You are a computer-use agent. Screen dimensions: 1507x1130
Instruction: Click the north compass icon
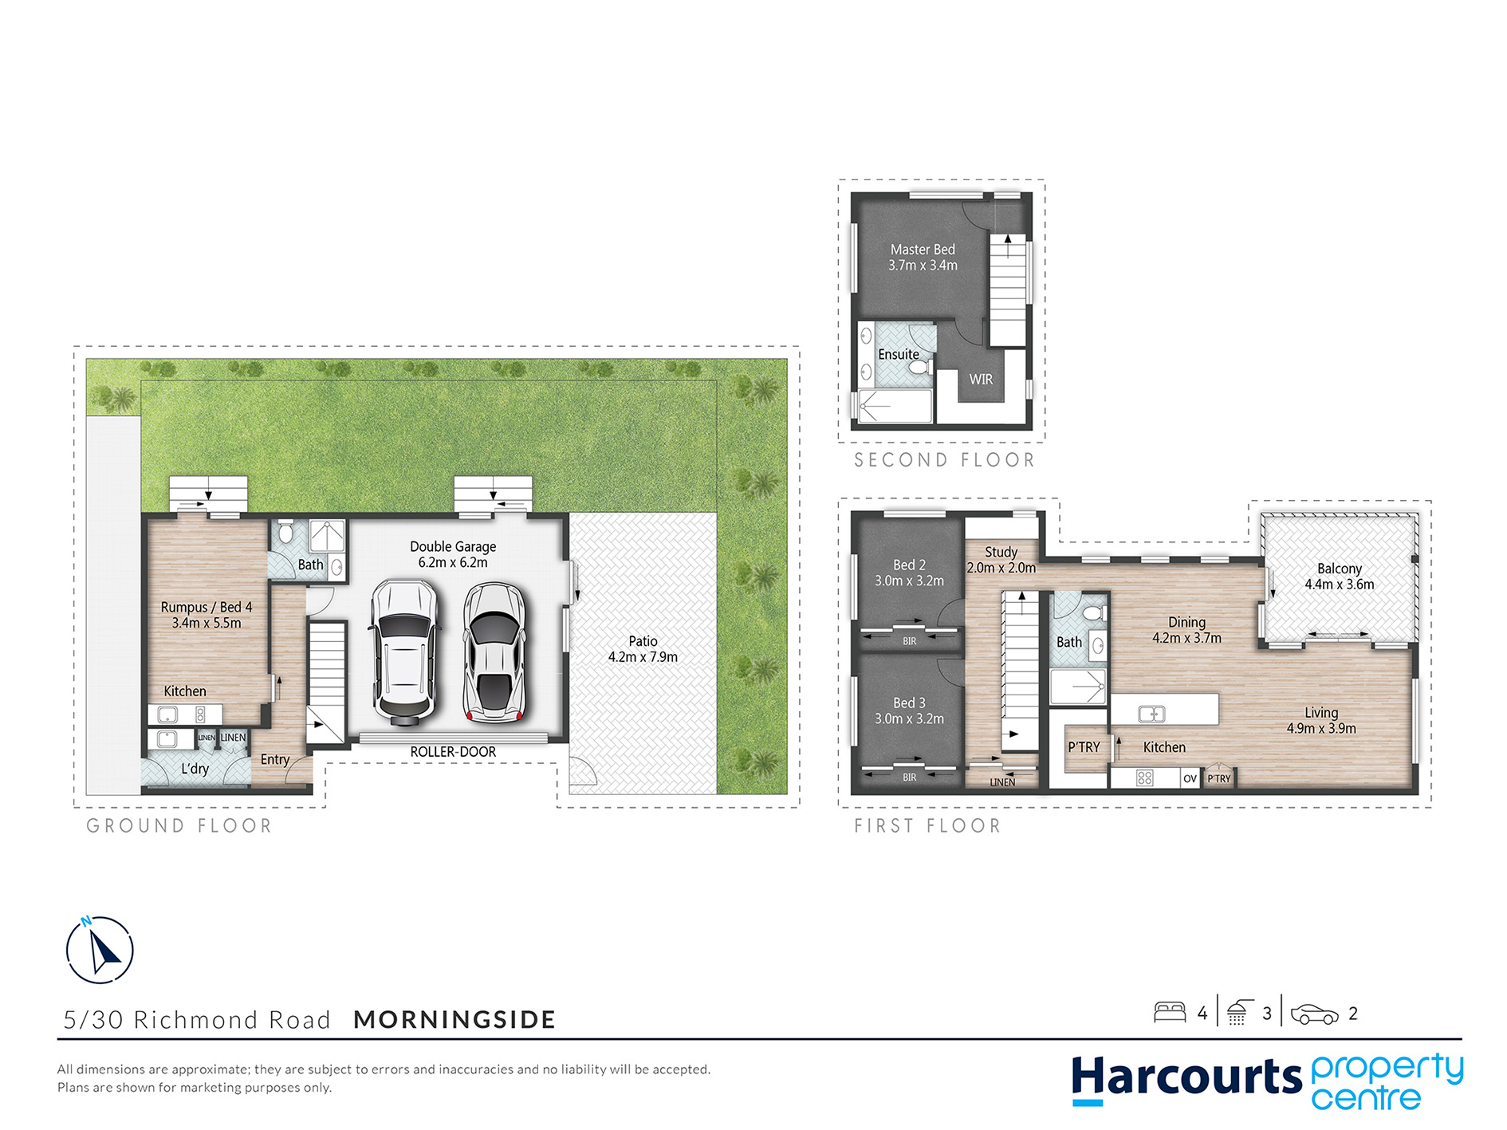pyautogui.click(x=99, y=949)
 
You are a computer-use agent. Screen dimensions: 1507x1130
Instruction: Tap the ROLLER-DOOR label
pyautogui.click(x=453, y=752)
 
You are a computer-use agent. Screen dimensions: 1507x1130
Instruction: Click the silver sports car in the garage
pyautogui.click(x=495, y=652)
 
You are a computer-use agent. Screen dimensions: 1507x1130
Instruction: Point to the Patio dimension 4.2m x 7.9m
pyautogui.click(x=643, y=657)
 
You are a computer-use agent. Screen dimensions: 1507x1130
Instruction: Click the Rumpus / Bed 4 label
pyautogui.click(x=207, y=607)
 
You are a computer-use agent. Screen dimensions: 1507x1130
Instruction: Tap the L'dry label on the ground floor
pyautogui.click(x=195, y=769)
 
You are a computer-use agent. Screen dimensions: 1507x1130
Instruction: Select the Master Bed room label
pyautogui.click(x=923, y=250)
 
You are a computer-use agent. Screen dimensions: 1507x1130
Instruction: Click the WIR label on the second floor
pyautogui.click(x=981, y=380)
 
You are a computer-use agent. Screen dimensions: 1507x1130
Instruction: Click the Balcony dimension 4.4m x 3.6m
pyautogui.click(x=1340, y=585)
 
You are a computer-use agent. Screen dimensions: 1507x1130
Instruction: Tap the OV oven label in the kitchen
pyautogui.click(x=1190, y=778)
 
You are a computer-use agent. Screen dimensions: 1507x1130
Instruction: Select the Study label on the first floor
pyautogui.click(x=1001, y=552)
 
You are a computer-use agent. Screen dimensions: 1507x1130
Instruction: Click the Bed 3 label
pyautogui.click(x=909, y=703)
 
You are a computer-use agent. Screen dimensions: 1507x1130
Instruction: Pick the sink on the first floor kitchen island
pyautogui.click(x=1151, y=714)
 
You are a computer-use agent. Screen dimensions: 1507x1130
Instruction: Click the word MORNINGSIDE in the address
pyautogui.click(x=454, y=1019)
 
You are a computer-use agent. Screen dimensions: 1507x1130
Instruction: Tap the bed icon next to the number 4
pyautogui.click(x=1170, y=1012)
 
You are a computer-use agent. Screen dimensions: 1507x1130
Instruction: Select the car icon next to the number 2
pyautogui.click(x=1314, y=1014)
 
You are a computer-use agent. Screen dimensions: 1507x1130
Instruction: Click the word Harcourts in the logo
pyautogui.click(x=1186, y=1077)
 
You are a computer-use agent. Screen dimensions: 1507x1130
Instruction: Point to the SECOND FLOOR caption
pyautogui.click(x=944, y=460)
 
